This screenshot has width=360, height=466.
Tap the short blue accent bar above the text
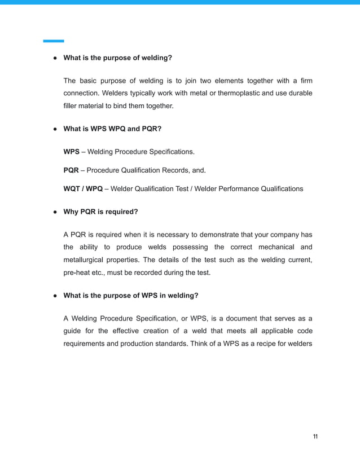pyautogui.click(x=54, y=41)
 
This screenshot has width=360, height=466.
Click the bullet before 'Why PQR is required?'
pyautogui.click(x=55, y=212)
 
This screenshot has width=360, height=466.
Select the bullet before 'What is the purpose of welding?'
pyautogui.click(x=55, y=58)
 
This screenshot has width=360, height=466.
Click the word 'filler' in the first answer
pyautogui.click(x=71, y=105)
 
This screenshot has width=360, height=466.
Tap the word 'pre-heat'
pyautogui.click(x=77, y=272)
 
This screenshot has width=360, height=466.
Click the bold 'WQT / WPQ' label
pyautogui.click(x=82, y=188)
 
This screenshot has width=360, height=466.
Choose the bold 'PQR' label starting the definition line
pyautogui.click(x=71, y=170)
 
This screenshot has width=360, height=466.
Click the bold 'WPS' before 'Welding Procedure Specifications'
pyautogui.click(x=71, y=152)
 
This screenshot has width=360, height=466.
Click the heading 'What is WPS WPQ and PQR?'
pyautogui.click(x=112, y=129)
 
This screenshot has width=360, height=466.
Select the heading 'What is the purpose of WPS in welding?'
pyautogui.click(x=130, y=295)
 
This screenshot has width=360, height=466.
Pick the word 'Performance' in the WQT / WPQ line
pyautogui.click(x=239, y=188)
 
